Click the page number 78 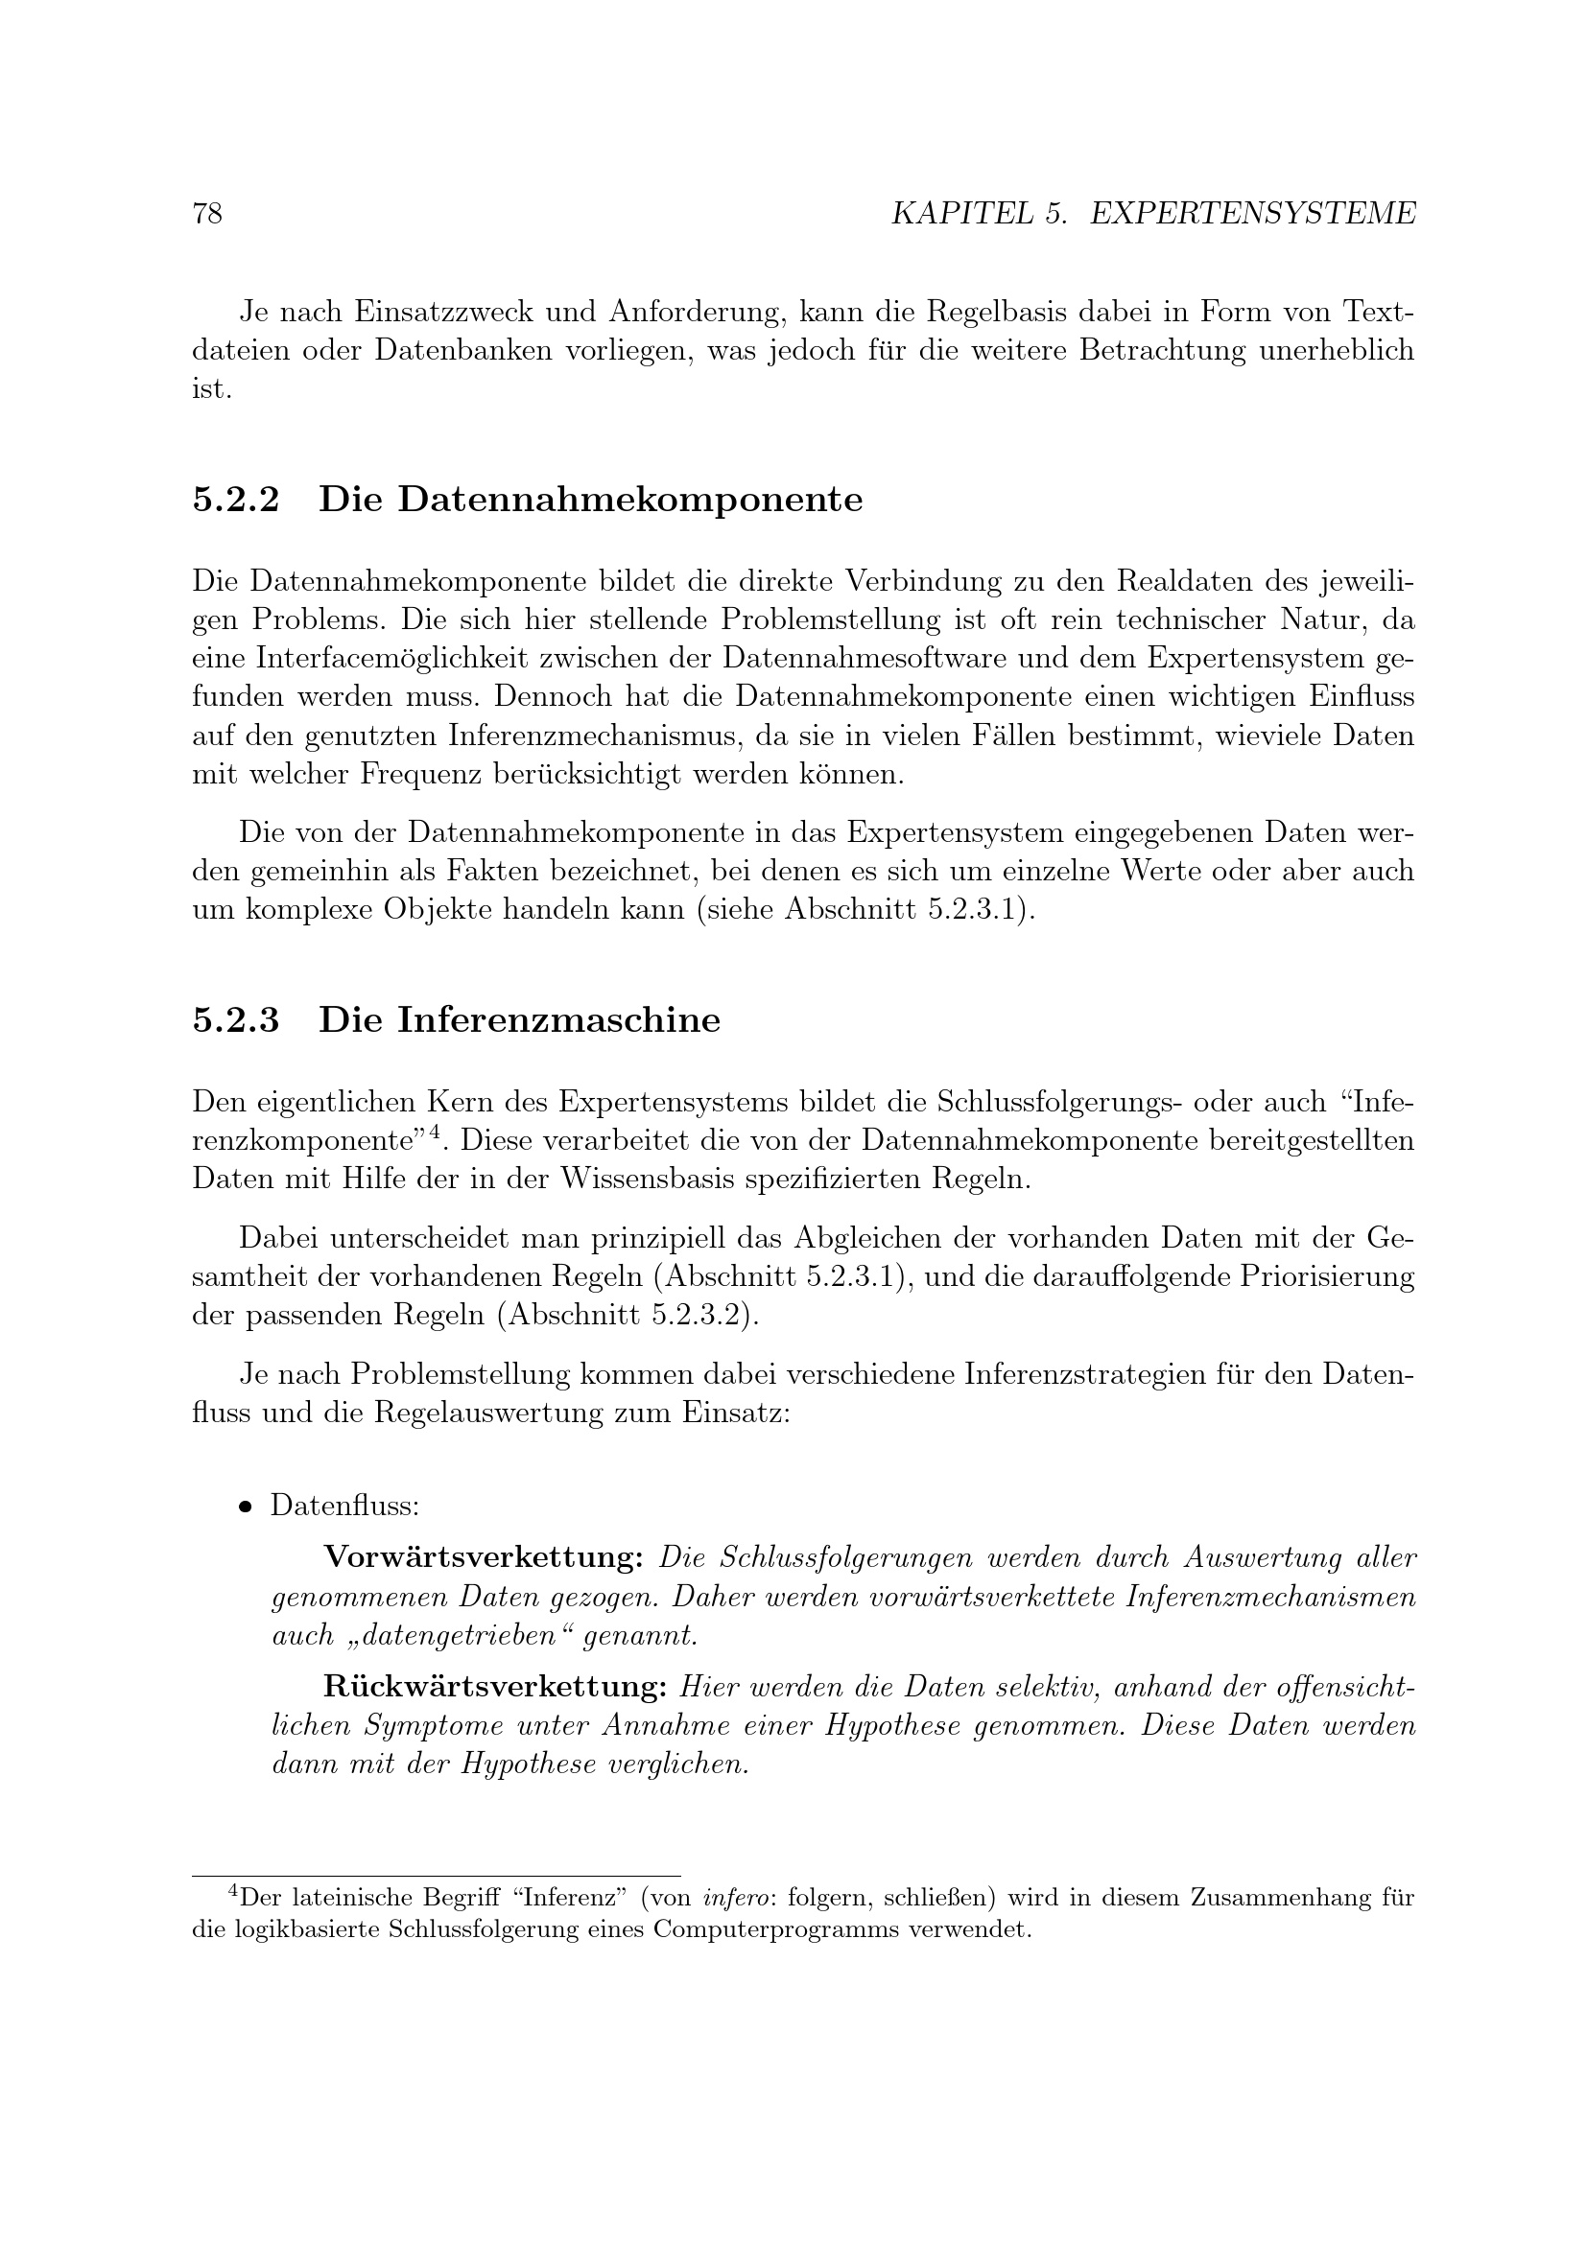tap(208, 214)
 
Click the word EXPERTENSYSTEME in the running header tap(1252, 214)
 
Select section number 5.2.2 tap(235, 501)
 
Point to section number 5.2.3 tap(235, 1021)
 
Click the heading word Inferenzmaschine tap(559, 1021)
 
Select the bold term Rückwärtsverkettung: tap(494, 1687)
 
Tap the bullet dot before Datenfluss tap(246, 1507)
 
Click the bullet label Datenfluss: tap(345, 1506)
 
